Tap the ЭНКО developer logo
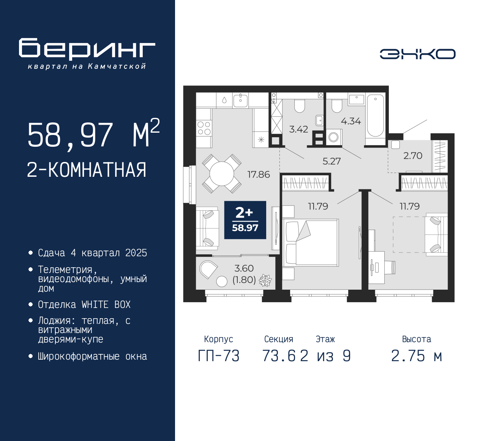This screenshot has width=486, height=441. click(417, 54)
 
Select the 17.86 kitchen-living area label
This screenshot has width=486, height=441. click(259, 174)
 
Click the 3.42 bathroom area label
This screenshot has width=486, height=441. click(298, 129)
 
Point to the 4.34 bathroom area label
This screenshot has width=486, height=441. click(351, 121)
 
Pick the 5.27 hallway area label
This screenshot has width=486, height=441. click(331, 161)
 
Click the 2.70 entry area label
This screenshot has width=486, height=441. click(413, 155)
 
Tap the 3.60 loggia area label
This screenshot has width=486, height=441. click(244, 268)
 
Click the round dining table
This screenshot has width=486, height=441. click(221, 174)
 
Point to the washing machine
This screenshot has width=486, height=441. click(334, 137)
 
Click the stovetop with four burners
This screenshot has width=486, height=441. click(204, 128)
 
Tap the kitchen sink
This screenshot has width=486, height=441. click(240, 101)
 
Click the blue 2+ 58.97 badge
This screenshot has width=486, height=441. click(245, 220)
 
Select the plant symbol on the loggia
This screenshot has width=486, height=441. click(265, 281)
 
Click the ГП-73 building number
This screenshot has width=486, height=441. click(219, 356)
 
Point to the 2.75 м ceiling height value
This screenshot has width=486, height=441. click(417, 356)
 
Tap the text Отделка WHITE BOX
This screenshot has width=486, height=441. click(84, 305)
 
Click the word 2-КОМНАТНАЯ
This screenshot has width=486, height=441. click(87, 170)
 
